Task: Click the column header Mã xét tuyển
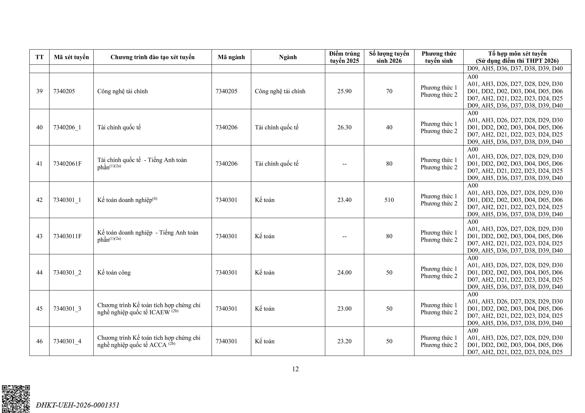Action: [71, 57]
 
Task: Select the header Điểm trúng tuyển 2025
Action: [344, 57]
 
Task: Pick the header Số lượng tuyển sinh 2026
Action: [389, 57]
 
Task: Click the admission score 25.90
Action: [344, 91]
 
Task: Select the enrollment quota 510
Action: [389, 200]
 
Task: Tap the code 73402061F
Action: [67, 164]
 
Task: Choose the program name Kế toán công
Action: [114, 273]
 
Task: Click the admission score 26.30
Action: [344, 127]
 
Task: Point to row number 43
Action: [40, 236]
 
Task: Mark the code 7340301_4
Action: [67, 341]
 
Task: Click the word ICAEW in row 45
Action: [160, 312]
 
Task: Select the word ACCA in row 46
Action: [158, 345]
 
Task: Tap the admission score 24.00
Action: [344, 273]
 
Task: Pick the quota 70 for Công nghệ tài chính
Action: [389, 91]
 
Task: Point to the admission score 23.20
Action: [344, 341]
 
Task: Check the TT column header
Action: [40, 57]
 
